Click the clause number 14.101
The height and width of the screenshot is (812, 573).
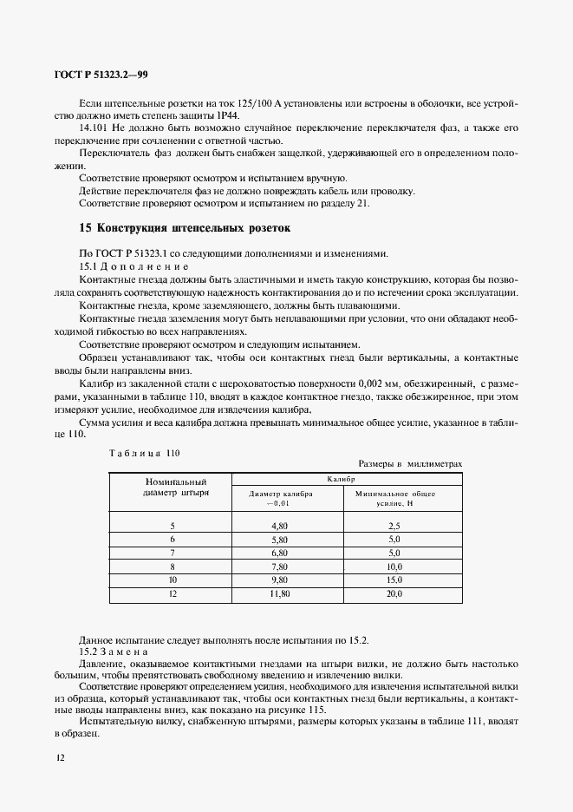click(x=94, y=128)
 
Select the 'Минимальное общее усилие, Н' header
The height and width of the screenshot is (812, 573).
click(x=394, y=497)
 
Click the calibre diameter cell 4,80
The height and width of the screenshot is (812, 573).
click(x=279, y=526)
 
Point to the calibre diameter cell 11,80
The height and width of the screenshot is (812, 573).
click(x=279, y=594)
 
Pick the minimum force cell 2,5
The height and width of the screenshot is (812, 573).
click(x=394, y=526)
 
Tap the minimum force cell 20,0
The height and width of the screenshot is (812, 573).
click(x=394, y=594)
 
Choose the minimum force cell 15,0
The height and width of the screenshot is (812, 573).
click(x=394, y=580)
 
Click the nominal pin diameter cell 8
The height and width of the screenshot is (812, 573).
click(x=172, y=566)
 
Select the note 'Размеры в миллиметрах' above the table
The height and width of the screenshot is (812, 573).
click(x=410, y=464)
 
